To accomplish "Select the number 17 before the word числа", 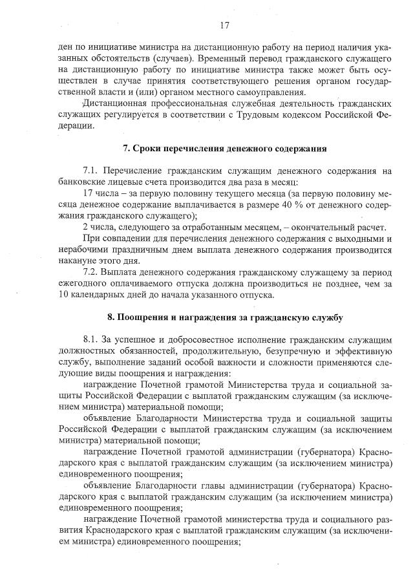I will [89, 193].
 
